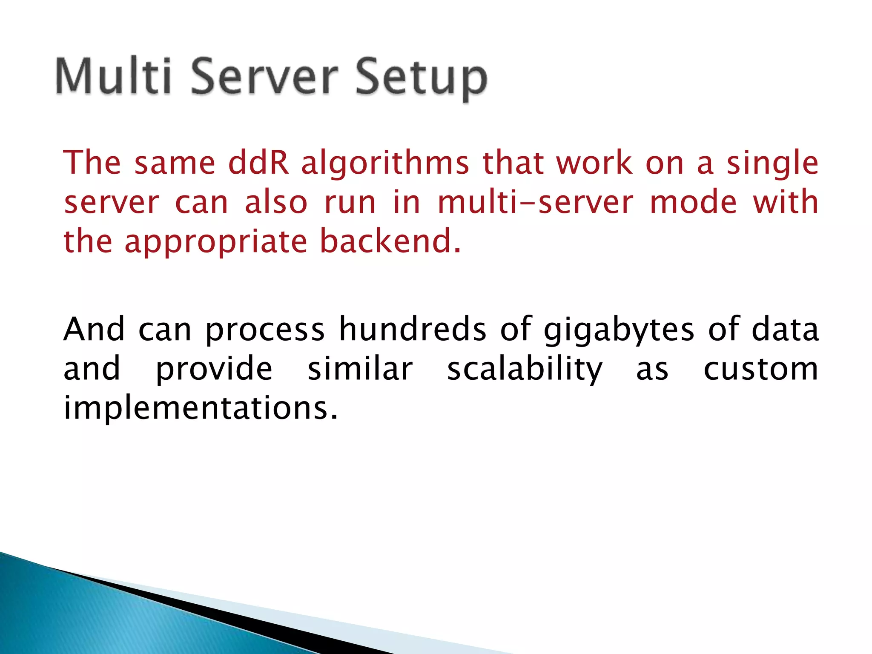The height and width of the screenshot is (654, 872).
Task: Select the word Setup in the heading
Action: tap(421, 78)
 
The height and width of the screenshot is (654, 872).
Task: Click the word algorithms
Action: tap(385, 163)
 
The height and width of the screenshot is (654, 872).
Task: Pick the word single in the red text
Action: tap(772, 164)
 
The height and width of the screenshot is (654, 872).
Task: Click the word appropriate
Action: tap(216, 242)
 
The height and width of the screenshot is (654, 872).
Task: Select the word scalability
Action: tap(525, 370)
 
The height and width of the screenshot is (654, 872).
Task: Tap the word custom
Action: tap(760, 369)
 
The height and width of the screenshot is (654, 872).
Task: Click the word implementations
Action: tap(200, 408)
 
